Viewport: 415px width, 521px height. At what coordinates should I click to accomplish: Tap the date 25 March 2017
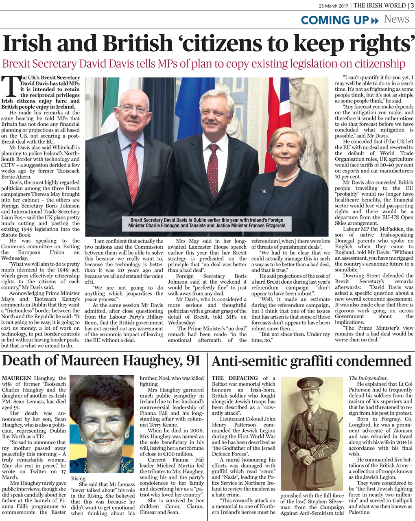(334, 6)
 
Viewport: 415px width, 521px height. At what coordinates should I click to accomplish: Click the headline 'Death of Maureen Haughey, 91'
(101, 361)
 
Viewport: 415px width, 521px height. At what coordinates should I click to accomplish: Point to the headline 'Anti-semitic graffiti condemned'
(312, 361)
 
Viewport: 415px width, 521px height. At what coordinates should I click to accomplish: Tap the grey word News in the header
(396, 19)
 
